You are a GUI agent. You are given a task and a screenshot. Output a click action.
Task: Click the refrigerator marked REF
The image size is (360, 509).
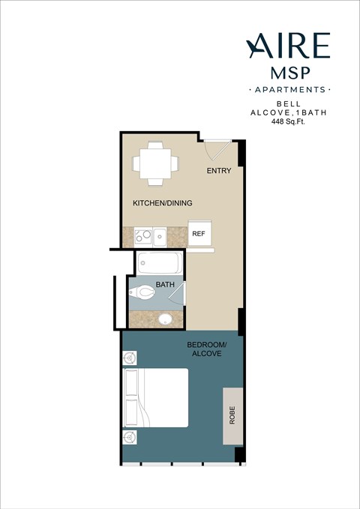click(199, 234)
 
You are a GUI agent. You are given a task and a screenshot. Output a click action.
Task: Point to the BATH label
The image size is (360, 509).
click(165, 286)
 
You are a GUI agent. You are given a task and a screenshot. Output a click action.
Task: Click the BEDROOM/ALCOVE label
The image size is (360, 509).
click(205, 349)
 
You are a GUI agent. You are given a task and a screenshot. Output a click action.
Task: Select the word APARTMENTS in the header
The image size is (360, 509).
click(288, 89)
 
